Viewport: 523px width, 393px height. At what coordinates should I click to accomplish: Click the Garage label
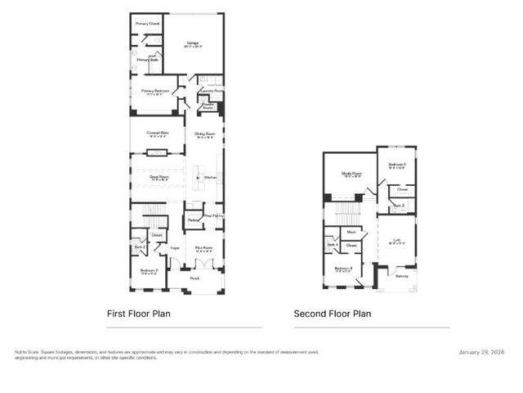click(x=193, y=43)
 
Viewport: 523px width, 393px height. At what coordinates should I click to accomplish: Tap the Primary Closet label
click(x=148, y=24)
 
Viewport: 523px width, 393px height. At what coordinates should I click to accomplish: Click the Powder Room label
click(x=208, y=106)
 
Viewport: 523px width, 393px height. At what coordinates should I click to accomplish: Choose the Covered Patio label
click(x=158, y=133)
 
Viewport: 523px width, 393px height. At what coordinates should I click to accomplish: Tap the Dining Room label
click(x=204, y=133)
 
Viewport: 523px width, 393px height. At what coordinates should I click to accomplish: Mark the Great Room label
click(x=159, y=175)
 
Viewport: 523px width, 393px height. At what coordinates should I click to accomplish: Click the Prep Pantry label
click(x=213, y=215)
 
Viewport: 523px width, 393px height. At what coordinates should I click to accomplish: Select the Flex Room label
click(x=203, y=247)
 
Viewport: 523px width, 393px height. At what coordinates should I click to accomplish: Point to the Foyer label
click(x=175, y=247)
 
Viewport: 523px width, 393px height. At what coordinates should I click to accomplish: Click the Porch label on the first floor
click(x=194, y=278)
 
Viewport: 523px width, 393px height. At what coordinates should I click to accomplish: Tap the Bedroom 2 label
click(x=149, y=271)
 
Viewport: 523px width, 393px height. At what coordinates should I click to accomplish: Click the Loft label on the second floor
click(x=396, y=241)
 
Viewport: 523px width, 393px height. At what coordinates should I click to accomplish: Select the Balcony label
click(x=401, y=276)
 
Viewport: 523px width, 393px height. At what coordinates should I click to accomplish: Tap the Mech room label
click(x=351, y=233)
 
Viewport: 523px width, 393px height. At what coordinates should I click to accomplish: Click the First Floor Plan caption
click(x=138, y=313)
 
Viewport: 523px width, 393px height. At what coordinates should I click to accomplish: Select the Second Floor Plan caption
click(x=333, y=313)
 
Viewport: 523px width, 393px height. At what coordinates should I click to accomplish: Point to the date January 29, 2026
click(x=483, y=352)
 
